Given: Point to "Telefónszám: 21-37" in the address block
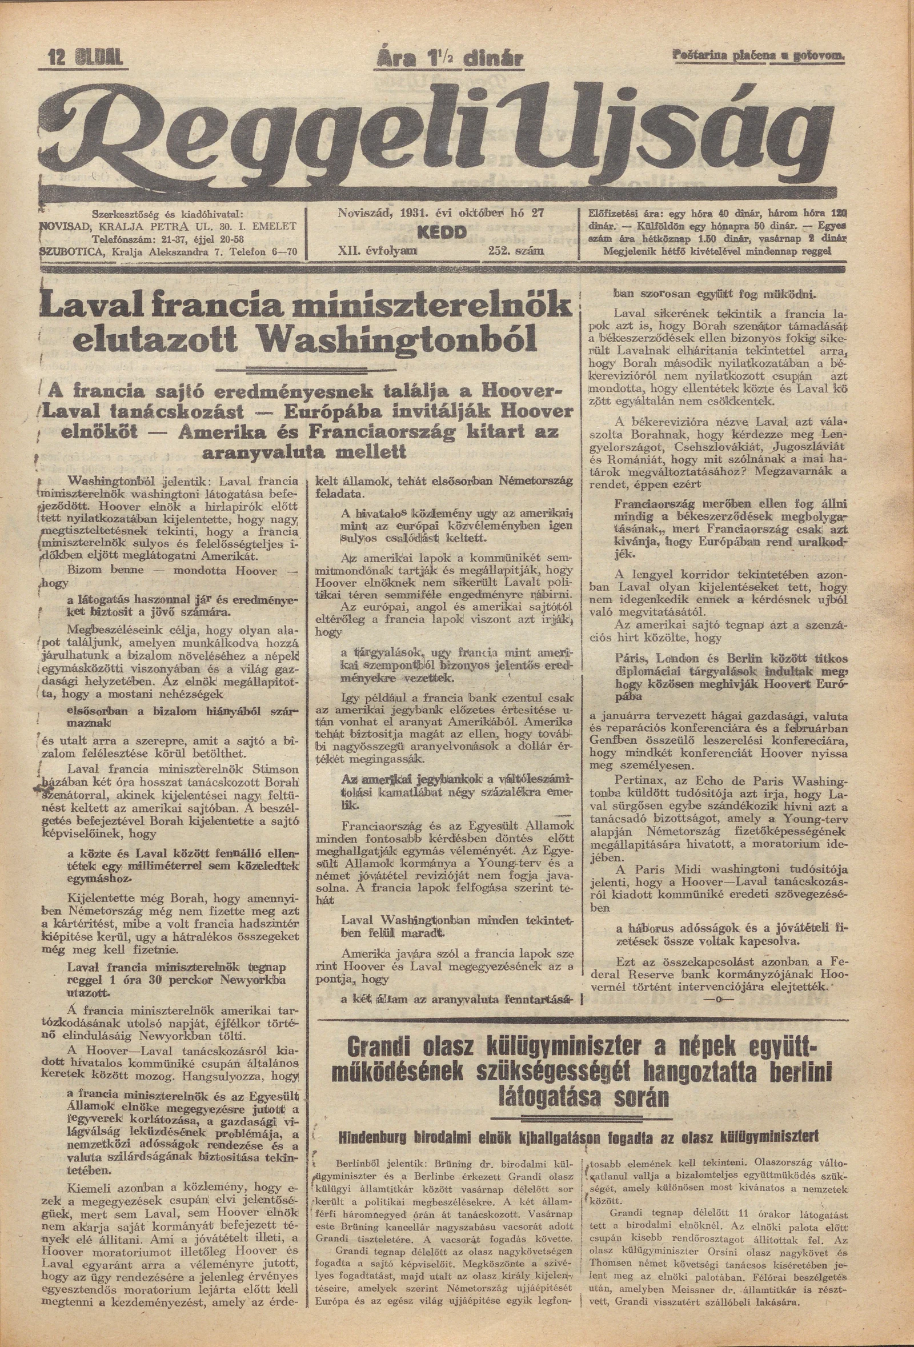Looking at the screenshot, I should coord(139,238).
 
